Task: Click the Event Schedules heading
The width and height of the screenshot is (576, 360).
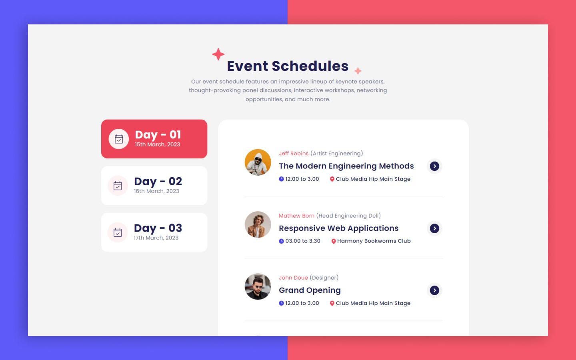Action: pyautogui.click(x=288, y=66)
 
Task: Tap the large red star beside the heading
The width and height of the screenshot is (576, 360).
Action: pyautogui.click(x=218, y=54)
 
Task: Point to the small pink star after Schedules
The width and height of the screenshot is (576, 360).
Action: pyautogui.click(x=358, y=71)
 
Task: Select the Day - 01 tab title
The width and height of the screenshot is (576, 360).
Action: pyautogui.click(x=158, y=135)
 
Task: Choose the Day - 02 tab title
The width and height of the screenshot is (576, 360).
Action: pyautogui.click(x=158, y=181)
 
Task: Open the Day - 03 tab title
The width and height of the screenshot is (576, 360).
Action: pyautogui.click(x=158, y=228)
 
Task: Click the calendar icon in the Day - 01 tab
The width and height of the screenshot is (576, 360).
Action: pyautogui.click(x=119, y=139)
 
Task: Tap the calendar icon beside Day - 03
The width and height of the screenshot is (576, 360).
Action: pyautogui.click(x=118, y=232)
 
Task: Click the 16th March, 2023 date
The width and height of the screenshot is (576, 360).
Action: pyautogui.click(x=156, y=191)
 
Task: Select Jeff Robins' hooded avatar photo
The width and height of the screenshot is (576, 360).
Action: pyautogui.click(x=258, y=162)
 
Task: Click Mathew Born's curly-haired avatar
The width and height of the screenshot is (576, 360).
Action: pyautogui.click(x=258, y=224)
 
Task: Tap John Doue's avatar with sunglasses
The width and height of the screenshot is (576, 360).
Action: pyautogui.click(x=258, y=286)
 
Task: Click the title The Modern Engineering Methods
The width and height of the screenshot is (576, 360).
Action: pyautogui.click(x=346, y=166)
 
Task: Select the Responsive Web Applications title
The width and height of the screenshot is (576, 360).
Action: pyautogui.click(x=338, y=228)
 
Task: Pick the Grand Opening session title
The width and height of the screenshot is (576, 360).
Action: pyautogui.click(x=310, y=290)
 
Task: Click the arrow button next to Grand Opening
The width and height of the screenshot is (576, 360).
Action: pyautogui.click(x=434, y=290)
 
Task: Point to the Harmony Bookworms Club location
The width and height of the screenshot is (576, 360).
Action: pyautogui.click(x=374, y=241)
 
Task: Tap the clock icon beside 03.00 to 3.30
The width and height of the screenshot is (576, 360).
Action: pyautogui.click(x=281, y=241)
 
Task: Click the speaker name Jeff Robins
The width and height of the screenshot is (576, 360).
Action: pyautogui.click(x=294, y=154)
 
